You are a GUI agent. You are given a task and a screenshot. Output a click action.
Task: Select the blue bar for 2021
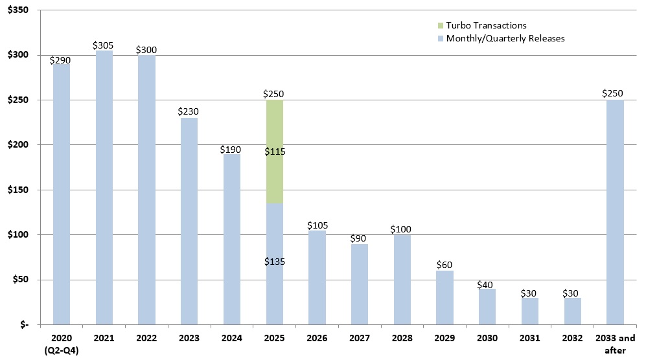(x=104, y=188)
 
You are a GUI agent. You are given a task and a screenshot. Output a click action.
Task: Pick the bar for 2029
(x=444, y=297)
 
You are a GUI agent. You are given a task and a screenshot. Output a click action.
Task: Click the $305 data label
(x=103, y=45)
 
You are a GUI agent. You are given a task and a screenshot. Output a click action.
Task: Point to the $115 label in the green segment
(x=274, y=152)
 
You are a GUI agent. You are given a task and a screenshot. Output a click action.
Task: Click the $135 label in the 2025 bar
(x=274, y=262)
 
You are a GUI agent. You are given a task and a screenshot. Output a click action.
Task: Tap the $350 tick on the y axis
(x=17, y=10)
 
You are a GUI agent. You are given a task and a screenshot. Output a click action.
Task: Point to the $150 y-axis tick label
(x=17, y=190)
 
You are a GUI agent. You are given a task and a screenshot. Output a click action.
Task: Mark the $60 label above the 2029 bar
(x=444, y=265)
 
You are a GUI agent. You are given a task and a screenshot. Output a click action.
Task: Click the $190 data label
(x=231, y=149)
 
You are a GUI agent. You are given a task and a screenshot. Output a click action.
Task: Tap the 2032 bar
(x=572, y=311)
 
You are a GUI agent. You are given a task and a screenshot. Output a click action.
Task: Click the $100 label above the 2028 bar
(x=402, y=229)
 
